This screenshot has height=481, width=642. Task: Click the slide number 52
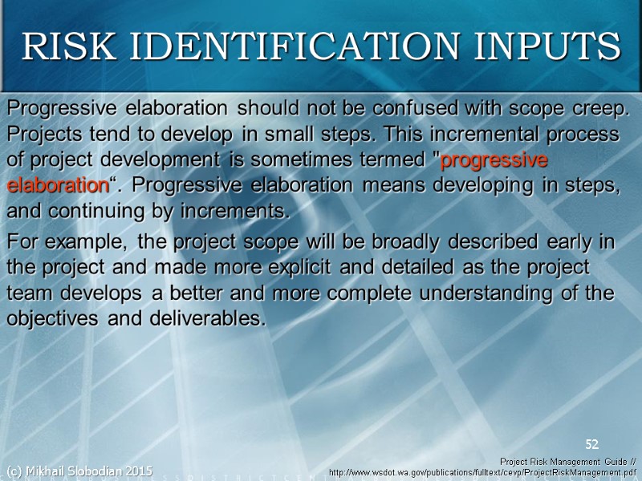point(592,444)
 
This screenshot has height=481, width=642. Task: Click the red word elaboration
point(57,185)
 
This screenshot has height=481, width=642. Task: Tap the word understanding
point(477,293)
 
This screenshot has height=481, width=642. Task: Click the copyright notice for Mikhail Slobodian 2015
point(79,470)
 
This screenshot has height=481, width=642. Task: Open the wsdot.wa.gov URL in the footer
point(482,473)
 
